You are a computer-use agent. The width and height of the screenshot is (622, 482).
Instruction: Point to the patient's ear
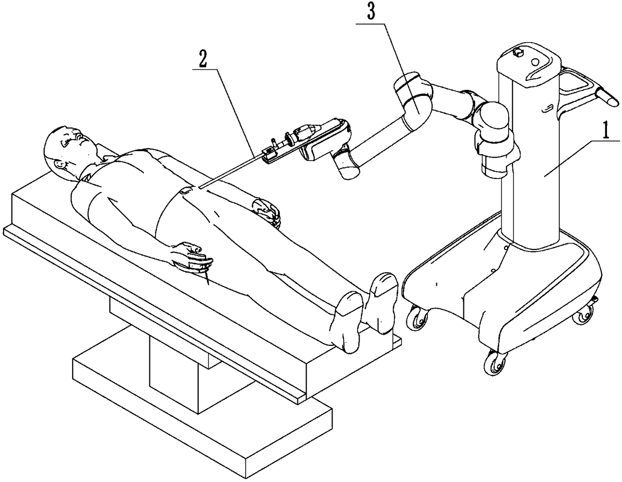point(60,164)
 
